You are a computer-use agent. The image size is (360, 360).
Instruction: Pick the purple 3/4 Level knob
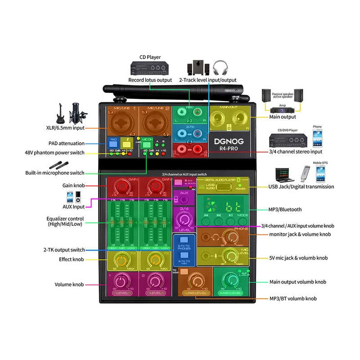[184, 220]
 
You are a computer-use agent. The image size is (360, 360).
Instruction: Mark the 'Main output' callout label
[283, 117]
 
